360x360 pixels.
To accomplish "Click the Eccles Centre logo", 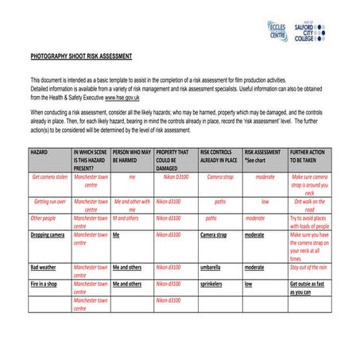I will coord(278,31).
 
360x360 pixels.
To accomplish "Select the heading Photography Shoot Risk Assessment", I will coord(81,57).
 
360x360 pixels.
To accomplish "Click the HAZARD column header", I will coord(41,151).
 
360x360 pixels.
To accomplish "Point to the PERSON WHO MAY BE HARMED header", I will coord(131,155).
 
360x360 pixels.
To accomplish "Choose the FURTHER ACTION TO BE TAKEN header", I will coord(308,155).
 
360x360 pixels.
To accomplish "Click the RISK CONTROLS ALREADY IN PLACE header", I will coord(219,155).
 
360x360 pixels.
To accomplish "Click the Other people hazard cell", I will coord(43,218).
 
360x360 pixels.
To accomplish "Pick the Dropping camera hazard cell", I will coord(48,235).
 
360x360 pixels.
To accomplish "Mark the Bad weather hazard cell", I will coord(44,268).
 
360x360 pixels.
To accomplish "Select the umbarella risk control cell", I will coord(211,268).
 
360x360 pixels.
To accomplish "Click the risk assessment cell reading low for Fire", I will coord(249,284).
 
